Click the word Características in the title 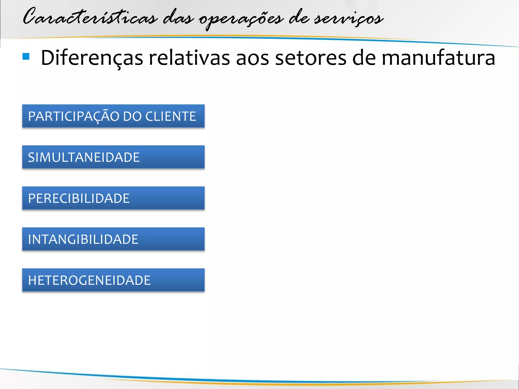tap(90, 17)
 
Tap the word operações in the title tap(241, 19)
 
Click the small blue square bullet tap(26, 56)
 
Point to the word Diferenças tap(92, 58)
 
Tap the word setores tap(310, 58)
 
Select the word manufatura tap(438, 58)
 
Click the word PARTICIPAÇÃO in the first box tap(73, 116)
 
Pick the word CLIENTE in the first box tap(171, 116)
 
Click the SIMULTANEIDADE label tap(84, 157)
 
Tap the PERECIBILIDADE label tap(79, 198)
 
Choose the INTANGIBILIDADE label tap(83, 239)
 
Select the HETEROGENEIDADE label tap(89, 280)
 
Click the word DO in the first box tap(132, 116)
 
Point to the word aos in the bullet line tap(252, 58)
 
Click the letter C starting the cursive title tap(30, 17)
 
